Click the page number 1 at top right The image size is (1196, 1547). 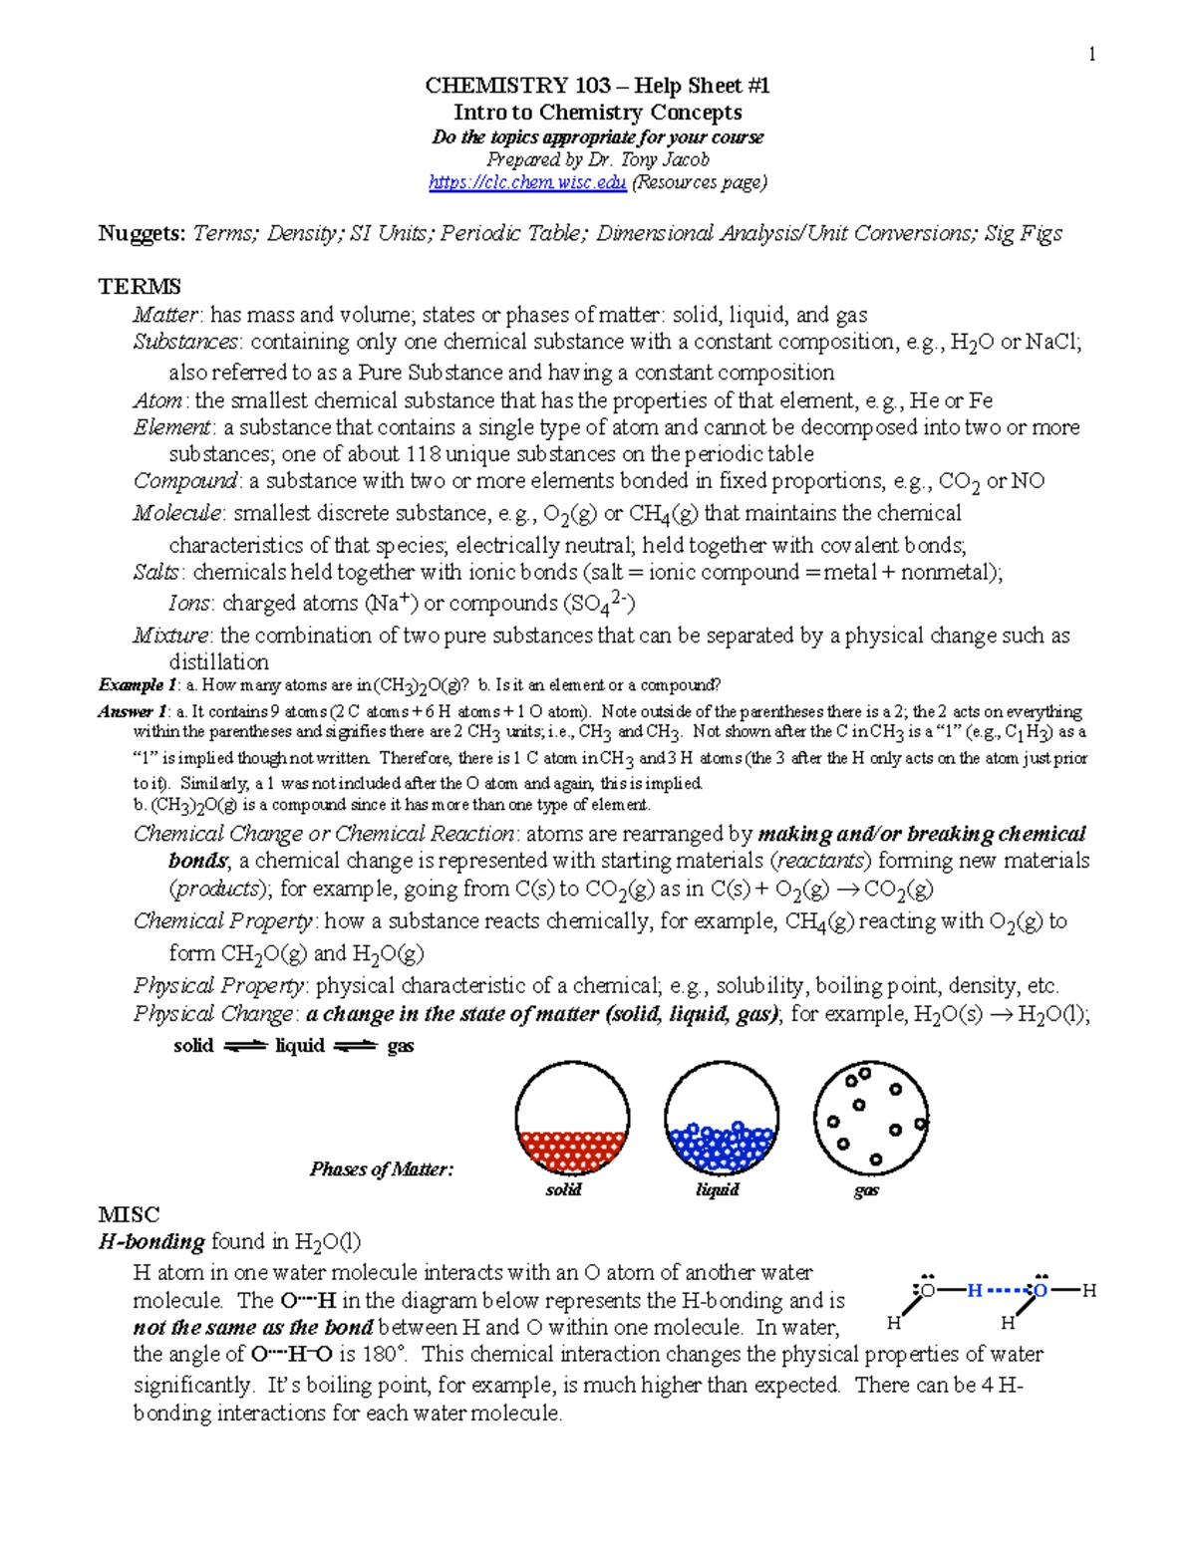(x=1092, y=54)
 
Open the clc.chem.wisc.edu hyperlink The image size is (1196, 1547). (x=527, y=182)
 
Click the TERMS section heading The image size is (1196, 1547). (x=139, y=287)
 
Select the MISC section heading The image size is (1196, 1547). (x=129, y=1214)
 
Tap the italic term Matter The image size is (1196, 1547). (x=167, y=315)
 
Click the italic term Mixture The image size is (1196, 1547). (x=171, y=636)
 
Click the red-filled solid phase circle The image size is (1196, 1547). (x=572, y=1119)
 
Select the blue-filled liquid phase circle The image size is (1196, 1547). (x=722, y=1119)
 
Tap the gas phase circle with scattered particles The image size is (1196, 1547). (x=871, y=1119)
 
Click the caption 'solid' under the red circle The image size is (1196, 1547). (x=563, y=1190)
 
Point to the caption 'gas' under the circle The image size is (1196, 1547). (x=866, y=1191)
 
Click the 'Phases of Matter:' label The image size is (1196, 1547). (x=382, y=1169)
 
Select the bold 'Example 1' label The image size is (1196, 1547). (x=138, y=685)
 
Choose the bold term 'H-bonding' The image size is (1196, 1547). (x=151, y=1242)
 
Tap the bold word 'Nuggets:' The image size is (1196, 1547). (x=142, y=234)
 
